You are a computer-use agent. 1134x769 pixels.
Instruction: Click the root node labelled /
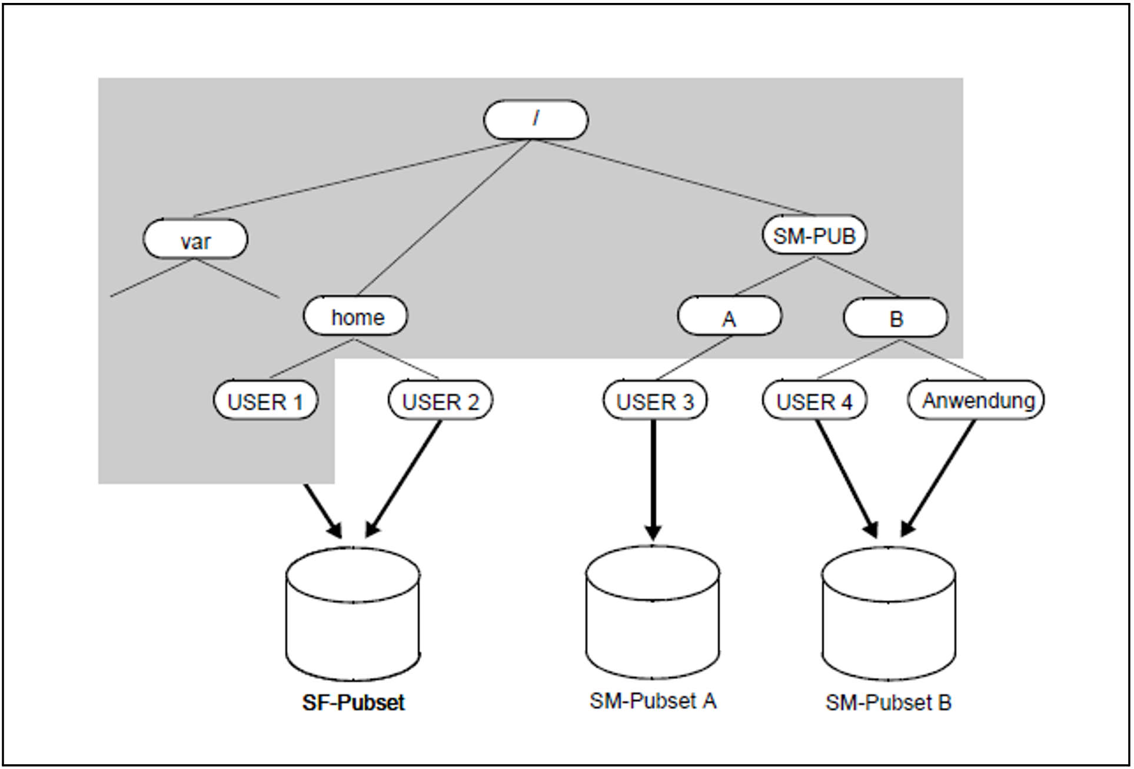pyautogui.click(x=536, y=120)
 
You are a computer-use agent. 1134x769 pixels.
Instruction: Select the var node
pyautogui.click(x=195, y=239)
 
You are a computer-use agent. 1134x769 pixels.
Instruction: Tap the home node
pyautogui.click(x=355, y=316)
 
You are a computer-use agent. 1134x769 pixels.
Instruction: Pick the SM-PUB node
pyautogui.click(x=814, y=235)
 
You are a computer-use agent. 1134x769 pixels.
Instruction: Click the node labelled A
pyautogui.click(x=730, y=317)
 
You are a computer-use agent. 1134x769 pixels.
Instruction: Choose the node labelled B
pyautogui.click(x=896, y=318)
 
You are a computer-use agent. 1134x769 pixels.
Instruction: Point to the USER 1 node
pyautogui.click(x=265, y=400)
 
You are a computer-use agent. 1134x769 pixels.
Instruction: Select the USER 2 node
pyautogui.click(x=440, y=400)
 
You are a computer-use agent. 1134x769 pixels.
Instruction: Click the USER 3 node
pyautogui.click(x=655, y=400)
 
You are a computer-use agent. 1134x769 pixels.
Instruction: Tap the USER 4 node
pyautogui.click(x=814, y=400)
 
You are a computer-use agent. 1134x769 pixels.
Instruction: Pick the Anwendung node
pyautogui.click(x=976, y=400)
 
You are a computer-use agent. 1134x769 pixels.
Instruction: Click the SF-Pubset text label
pyautogui.click(x=354, y=702)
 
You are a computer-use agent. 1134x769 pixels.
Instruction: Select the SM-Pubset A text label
pyautogui.click(x=653, y=701)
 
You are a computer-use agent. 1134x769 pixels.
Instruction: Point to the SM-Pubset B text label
pyautogui.click(x=889, y=702)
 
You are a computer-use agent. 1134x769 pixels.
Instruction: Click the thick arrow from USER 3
pyautogui.click(x=653, y=479)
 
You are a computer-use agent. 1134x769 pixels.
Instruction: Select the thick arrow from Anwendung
pyautogui.click(x=939, y=478)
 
